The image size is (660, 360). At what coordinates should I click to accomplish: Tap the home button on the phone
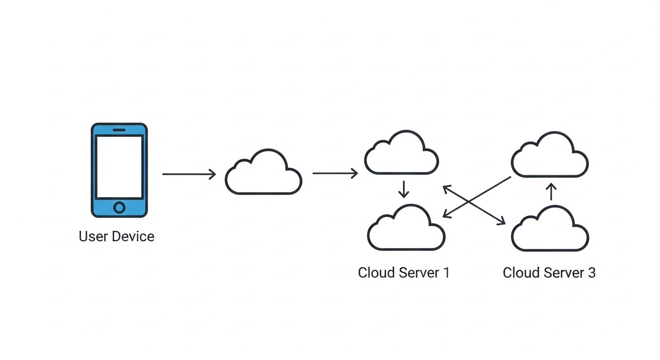120,207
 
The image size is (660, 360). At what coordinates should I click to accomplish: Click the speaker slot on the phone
120,130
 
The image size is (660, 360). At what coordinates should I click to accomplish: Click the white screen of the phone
120,167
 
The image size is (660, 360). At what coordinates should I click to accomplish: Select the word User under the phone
93,236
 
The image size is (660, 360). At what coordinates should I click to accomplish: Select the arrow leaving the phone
189,174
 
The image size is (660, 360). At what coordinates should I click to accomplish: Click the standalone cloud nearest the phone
263,172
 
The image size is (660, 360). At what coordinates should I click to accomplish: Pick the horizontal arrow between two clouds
335,173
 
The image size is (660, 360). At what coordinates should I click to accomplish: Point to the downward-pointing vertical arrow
404,189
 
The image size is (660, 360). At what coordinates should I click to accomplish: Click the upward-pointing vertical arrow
551,192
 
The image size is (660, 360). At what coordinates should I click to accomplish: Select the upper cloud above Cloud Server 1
402,152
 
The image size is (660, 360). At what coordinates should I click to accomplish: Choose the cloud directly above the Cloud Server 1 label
406,227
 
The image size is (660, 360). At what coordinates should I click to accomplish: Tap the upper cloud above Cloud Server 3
550,154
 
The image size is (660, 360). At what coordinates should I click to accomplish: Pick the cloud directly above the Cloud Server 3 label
550,228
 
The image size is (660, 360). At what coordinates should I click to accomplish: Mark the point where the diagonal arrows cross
469,202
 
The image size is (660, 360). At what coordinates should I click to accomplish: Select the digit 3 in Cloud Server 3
592,272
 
